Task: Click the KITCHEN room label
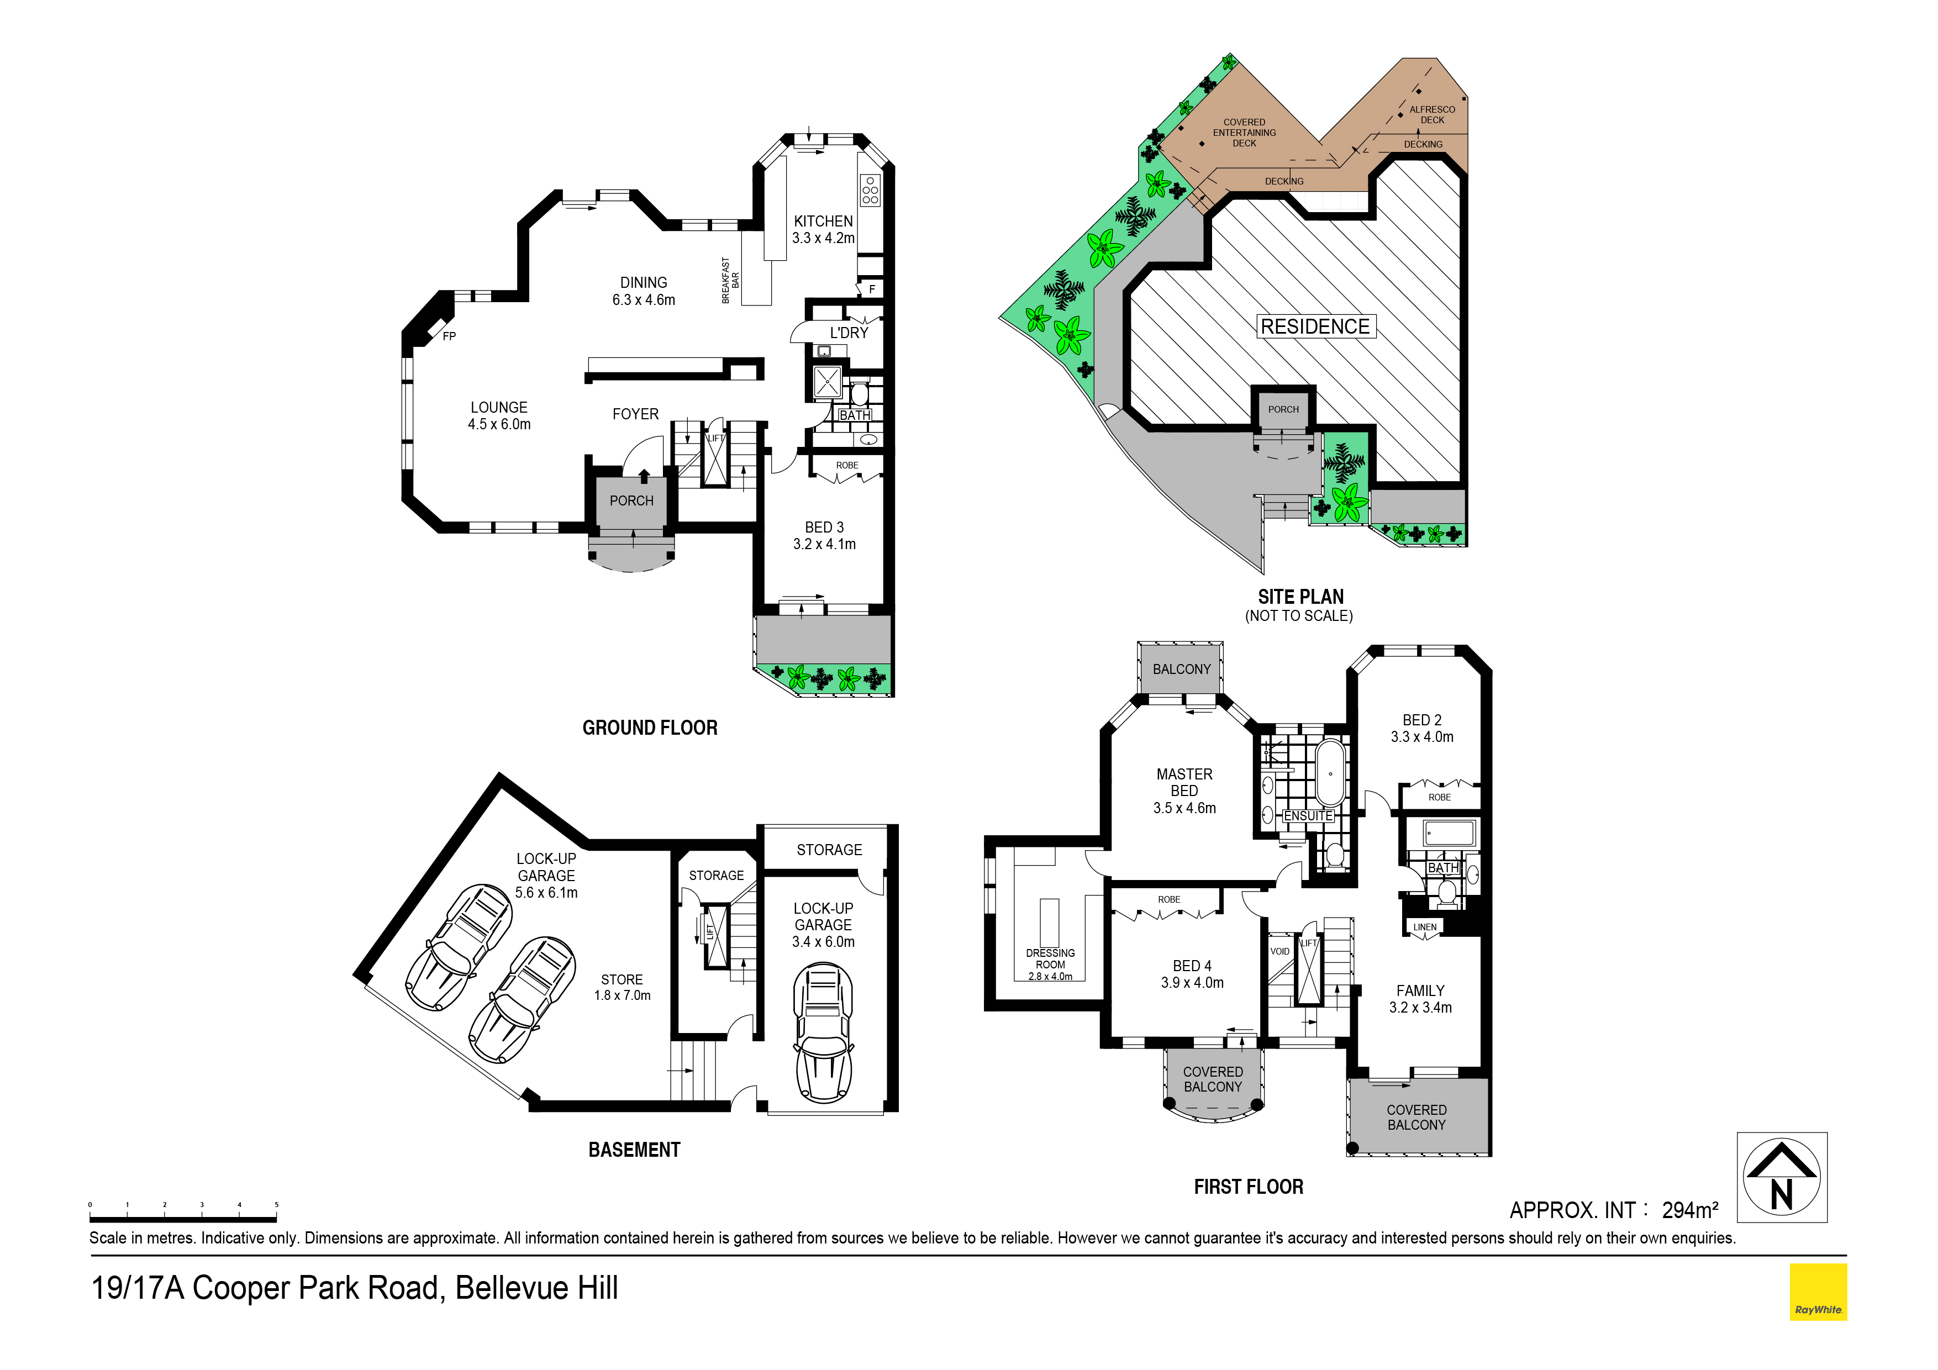click(x=823, y=221)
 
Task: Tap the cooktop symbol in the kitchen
click(x=870, y=191)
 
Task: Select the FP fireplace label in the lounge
click(x=449, y=336)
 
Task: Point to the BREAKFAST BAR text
click(x=730, y=280)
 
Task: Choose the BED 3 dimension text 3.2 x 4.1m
click(x=824, y=545)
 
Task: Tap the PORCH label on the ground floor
click(x=631, y=500)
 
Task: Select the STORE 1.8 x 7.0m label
click(x=622, y=988)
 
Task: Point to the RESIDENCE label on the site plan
click(x=1315, y=326)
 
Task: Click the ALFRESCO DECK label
click(x=1433, y=115)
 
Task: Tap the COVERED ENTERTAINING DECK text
click(x=1244, y=133)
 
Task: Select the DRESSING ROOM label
click(x=1050, y=959)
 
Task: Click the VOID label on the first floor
click(x=1279, y=951)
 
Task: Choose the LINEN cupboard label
click(x=1425, y=927)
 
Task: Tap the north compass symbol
click(x=1782, y=1178)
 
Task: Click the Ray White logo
click(x=1818, y=1292)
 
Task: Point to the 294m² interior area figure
click(x=1690, y=1210)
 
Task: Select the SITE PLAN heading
click(x=1300, y=597)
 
